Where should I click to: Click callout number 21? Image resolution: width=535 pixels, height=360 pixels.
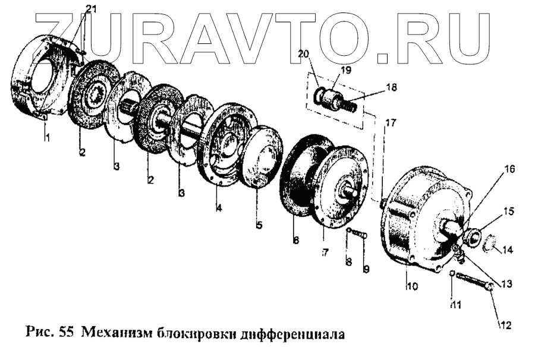tap(90, 8)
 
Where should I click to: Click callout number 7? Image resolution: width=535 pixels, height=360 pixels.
tap(325, 252)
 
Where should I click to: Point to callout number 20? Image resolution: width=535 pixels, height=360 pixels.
tap(303, 54)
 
